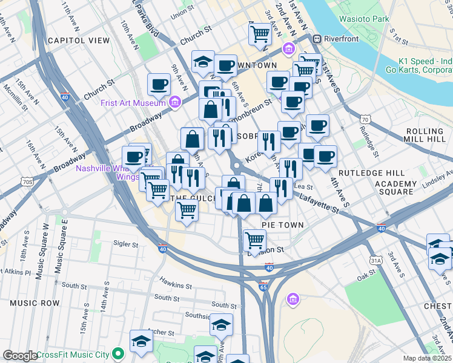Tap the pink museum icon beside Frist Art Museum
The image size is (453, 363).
[176, 102]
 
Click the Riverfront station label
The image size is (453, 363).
[341, 39]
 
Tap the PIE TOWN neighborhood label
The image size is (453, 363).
[282, 224]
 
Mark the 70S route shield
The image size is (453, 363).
[26, 181]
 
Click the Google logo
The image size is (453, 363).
[20, 356]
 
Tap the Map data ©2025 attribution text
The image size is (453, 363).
[427, 358]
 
